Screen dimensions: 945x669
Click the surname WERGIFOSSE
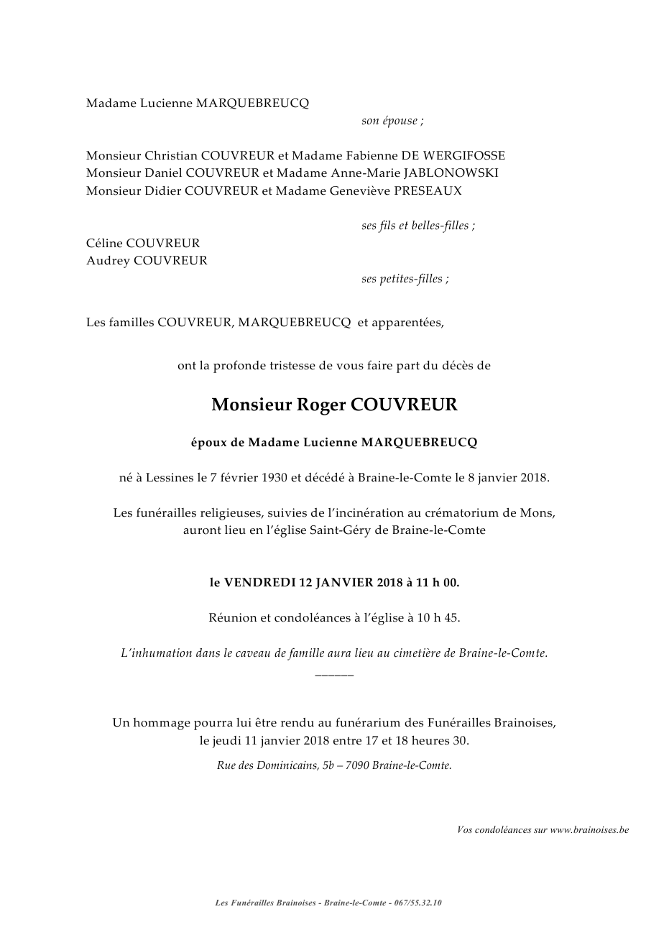coord(466,155)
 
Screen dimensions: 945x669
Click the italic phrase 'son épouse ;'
coord(392,121)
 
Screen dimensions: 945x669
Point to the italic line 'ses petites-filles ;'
coord(405,279)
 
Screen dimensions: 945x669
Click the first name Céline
coord(104,244)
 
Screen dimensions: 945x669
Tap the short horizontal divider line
coord(334,675)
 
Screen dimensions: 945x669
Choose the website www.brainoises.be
coord(589,830)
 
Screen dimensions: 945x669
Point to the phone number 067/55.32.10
coord(418,903)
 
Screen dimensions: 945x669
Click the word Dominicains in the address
coord(287,766)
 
